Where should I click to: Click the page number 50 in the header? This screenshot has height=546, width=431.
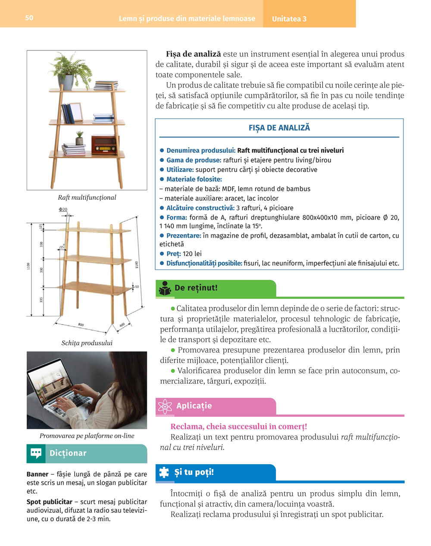pos(29,18)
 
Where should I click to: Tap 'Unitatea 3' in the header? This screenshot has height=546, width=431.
pos(289,19)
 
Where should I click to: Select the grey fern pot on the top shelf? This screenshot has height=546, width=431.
pos(66,82)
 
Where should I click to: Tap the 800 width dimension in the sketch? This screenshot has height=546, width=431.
pos(81,324)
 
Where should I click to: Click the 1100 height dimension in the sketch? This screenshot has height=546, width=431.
pos(29,266)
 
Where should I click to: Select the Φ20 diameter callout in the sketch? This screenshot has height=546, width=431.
pos(63,209)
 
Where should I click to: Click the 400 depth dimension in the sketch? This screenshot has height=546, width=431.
pos(122,324)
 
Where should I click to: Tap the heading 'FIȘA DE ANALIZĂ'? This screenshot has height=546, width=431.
pos(279,128)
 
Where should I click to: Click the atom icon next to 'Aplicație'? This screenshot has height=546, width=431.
pos(165,406)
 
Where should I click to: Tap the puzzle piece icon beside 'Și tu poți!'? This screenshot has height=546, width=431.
pos(164,472)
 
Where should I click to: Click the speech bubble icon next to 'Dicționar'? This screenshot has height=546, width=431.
pos(36,453)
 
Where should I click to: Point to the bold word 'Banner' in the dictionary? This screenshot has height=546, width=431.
pos(37,475)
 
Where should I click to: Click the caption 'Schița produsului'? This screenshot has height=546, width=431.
pos(87,343)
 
